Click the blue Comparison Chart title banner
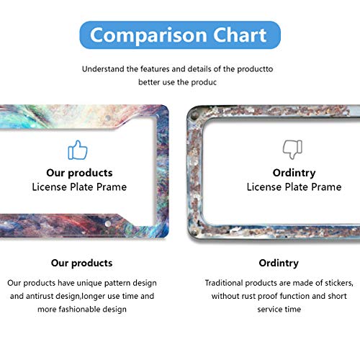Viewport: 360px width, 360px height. pyautogui.click(x=179, y=34)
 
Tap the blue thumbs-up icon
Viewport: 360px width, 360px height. pyautogui.click(x=78, y=150)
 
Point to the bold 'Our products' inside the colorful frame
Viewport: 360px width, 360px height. pyautogui.click(x=79, y=173)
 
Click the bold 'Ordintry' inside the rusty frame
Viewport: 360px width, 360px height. pyautogui.click(x=294, y=173)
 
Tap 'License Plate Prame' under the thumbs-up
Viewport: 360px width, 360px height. pyautogui.click(x=79, y=187)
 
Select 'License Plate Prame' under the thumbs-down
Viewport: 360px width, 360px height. pyautogui.click(x=294, y=187)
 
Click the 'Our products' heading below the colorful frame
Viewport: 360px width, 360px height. pyautogui.click(x=81, y=263)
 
